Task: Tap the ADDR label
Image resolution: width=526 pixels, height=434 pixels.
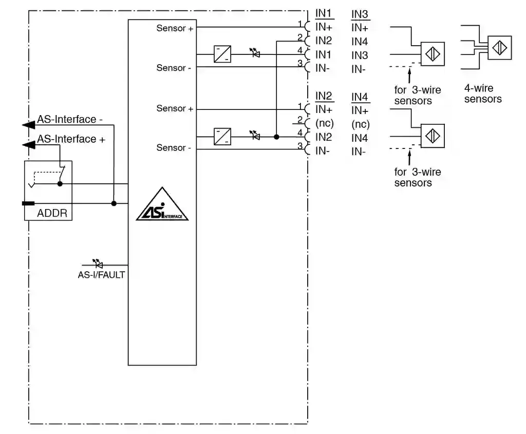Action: (52, 213)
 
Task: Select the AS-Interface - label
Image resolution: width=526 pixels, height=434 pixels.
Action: (70, 119)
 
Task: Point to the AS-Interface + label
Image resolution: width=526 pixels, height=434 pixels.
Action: (71, 139)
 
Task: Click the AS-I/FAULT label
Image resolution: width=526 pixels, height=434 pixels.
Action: (101, 275)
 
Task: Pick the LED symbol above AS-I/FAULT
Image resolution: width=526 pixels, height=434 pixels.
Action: (97, 264)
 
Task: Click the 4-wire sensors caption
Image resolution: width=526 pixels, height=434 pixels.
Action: (483, 93)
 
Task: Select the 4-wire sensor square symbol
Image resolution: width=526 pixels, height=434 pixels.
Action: (499, 48)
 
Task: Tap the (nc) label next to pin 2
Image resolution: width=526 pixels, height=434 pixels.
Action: (325, 124)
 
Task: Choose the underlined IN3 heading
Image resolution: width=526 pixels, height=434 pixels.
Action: (360, 14)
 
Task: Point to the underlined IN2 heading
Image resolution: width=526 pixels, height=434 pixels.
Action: (324, 96)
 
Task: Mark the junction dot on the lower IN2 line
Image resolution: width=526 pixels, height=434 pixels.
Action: (276, 137)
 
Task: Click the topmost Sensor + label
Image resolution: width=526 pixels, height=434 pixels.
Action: (175, 28)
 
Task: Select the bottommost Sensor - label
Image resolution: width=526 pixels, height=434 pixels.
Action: (174, 148)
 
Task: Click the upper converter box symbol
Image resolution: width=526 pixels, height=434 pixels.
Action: (222, 54)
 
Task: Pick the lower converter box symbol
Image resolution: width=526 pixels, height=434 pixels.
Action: (222, 137)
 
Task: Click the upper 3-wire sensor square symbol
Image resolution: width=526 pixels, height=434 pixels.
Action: (433, 54)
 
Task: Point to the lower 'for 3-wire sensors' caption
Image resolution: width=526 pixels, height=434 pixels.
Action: (417, 177)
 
